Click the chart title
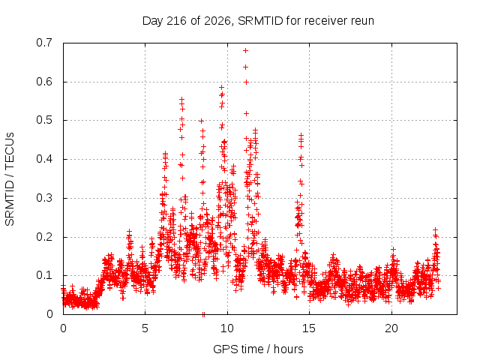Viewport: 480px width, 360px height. tap(258, 21)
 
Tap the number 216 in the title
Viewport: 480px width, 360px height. tap(176, 21)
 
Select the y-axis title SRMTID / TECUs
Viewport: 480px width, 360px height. tap(10, 179)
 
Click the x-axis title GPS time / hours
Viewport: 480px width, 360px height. tap(258, 349)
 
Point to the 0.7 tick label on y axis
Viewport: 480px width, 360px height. tap(44, 43)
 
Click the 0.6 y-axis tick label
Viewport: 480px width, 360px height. tap(44, 82)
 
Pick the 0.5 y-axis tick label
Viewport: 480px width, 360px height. tap(44, 120)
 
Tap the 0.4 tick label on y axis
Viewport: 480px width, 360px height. tap(44, 159)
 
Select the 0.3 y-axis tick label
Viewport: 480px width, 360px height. tap(44, 198)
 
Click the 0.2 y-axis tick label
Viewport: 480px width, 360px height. tap(44, 237)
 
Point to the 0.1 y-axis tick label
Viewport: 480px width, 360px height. tap(44, 275)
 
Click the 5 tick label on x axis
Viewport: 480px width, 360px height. tap(145, 328)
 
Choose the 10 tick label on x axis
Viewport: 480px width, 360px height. tap(227, 328)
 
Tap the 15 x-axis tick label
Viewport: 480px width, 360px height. tap(309, 328)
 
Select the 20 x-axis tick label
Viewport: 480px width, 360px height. tap(391, 328)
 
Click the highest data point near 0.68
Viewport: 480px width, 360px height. tap(245, 50)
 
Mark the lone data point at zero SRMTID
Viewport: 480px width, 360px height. tap(203, 314)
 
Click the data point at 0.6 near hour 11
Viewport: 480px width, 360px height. tap(246, 82)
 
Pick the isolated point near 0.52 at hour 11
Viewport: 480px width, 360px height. tap(246, 113)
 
